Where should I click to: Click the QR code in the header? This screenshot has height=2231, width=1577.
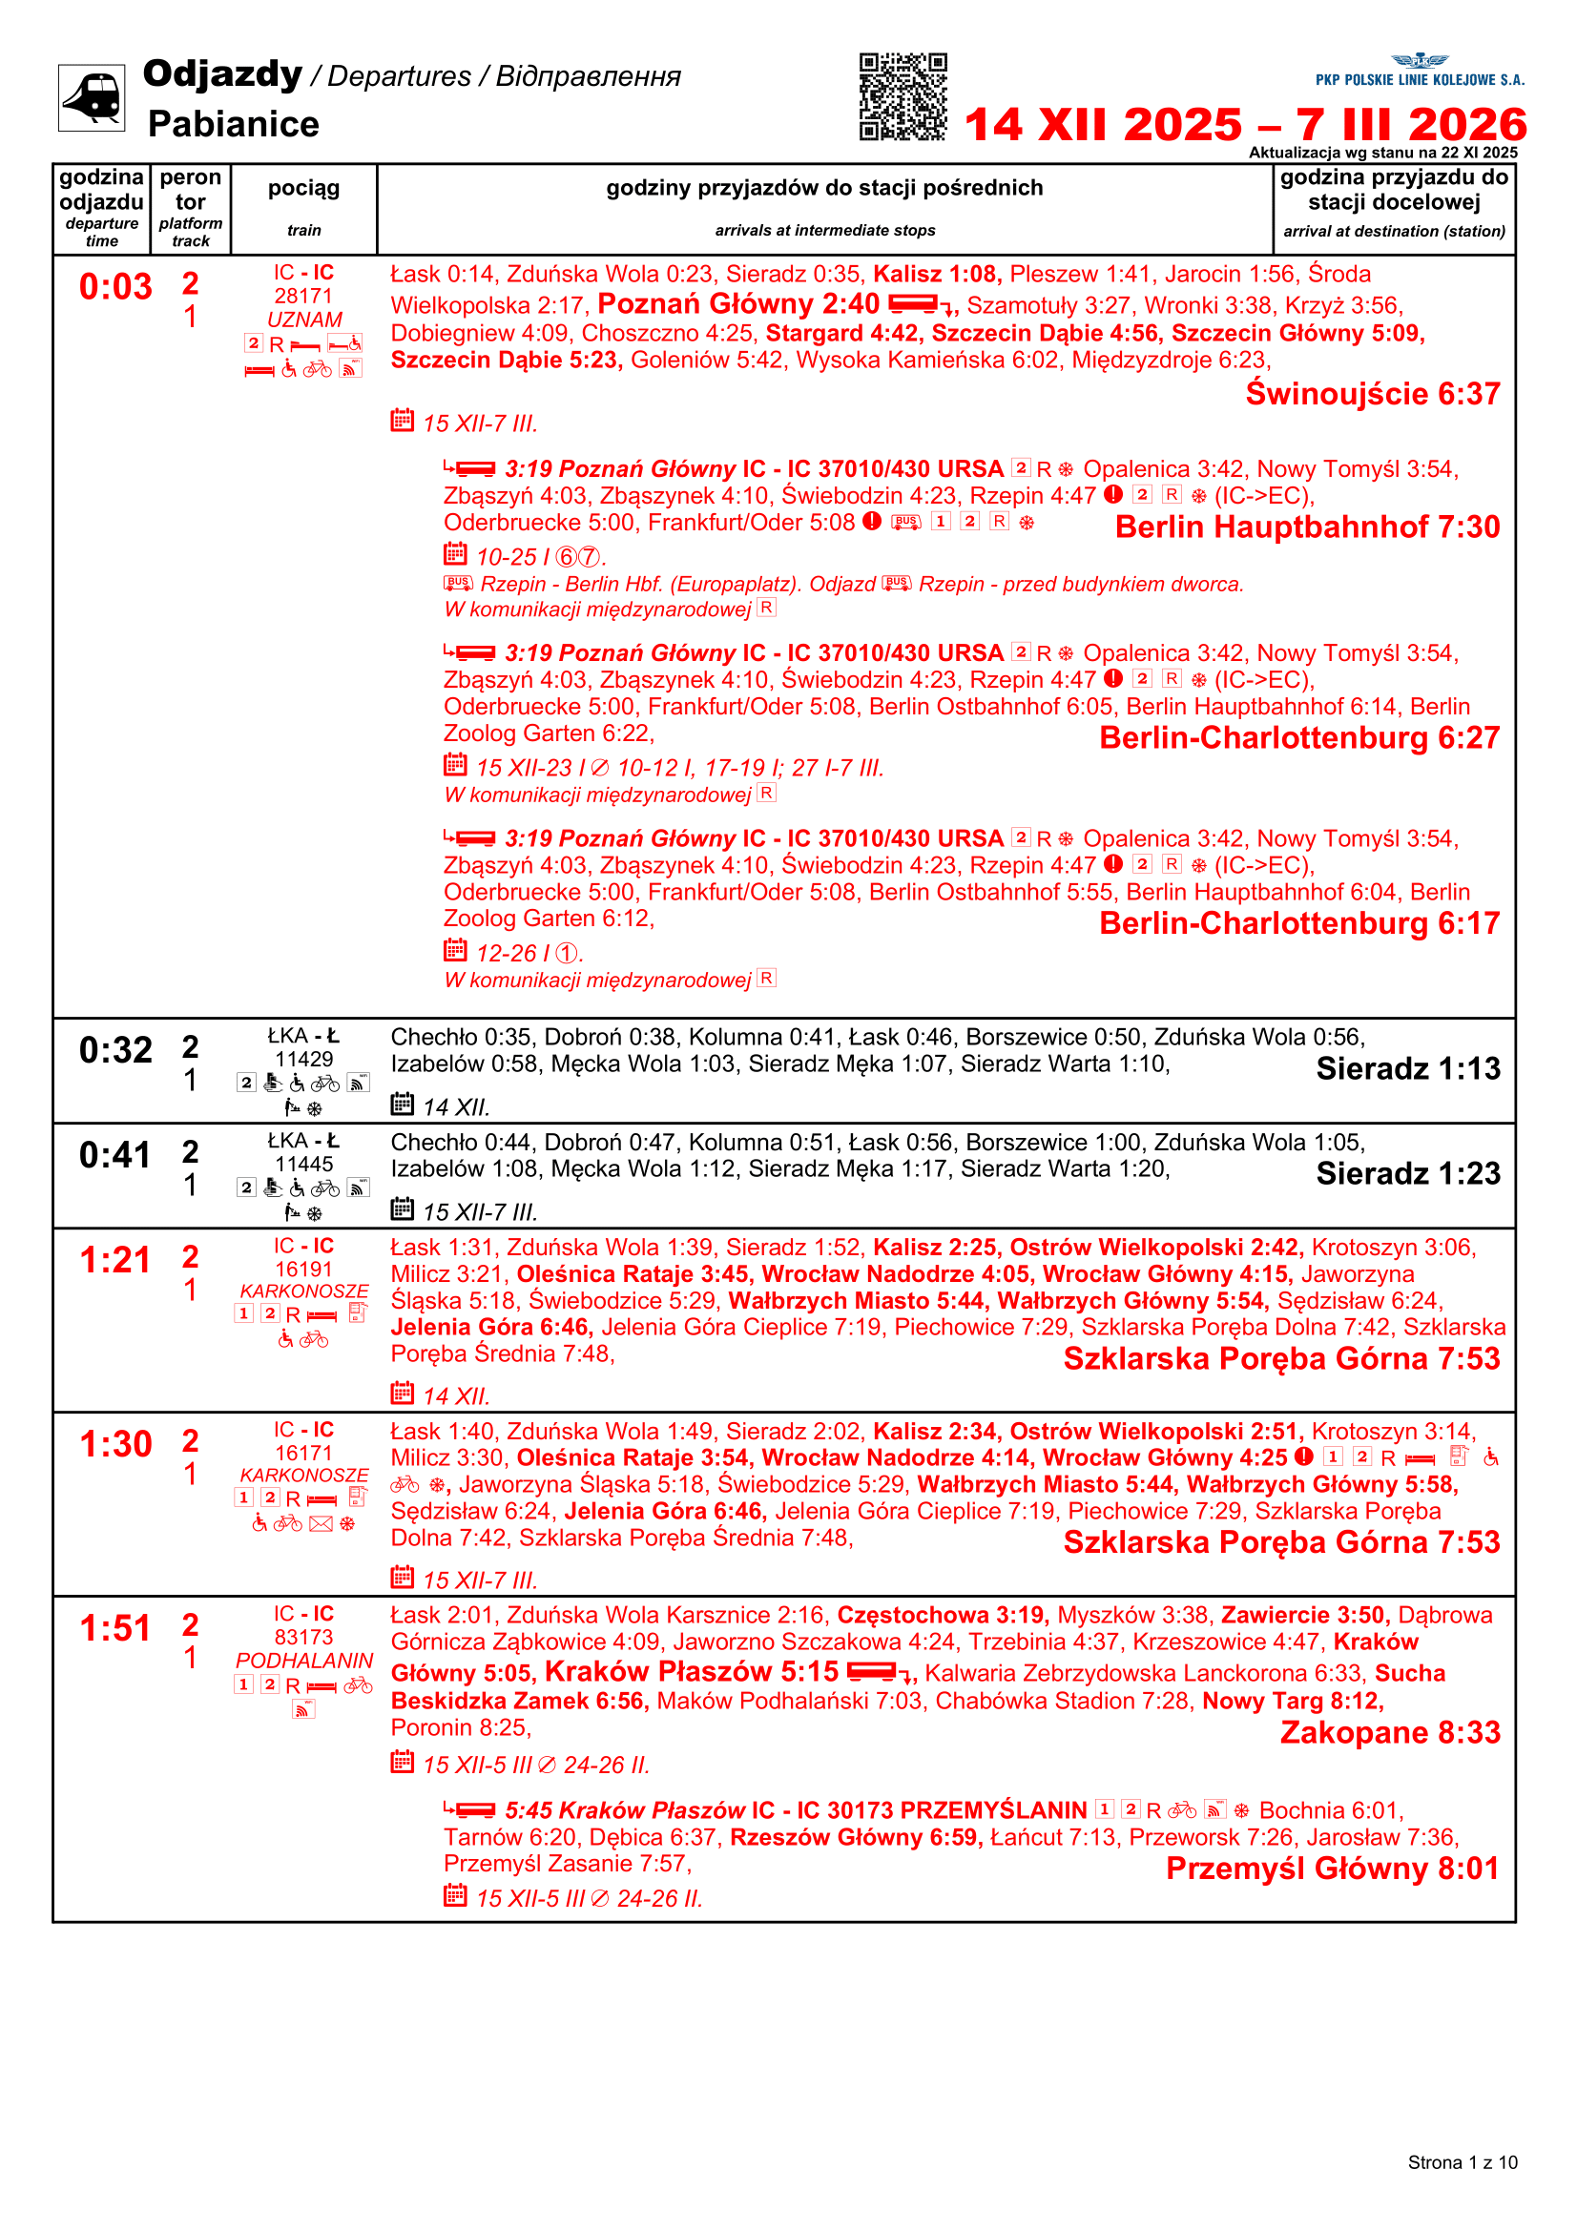click(902, 97)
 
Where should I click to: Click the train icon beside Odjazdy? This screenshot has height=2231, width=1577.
click(92, 97)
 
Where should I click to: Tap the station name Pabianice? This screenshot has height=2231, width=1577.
click(233, 124)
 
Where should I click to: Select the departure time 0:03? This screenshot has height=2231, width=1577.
click(115, 287)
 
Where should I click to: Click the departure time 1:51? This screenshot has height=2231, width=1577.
click(115, 1627)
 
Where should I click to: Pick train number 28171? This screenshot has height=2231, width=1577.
click(303, 296)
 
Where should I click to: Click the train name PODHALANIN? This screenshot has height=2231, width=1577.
click(303, 1661)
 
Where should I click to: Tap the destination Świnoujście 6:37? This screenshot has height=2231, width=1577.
click(1372, 394)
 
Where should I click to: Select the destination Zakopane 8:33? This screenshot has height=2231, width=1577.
click(1389, 1731)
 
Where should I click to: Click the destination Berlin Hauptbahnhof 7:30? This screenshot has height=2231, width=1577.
click(1307, 527)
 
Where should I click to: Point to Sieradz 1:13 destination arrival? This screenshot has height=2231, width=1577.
click(1408, 1068)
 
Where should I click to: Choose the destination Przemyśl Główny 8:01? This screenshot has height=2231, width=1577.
click(1332, 1868)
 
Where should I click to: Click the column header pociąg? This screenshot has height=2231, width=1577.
click(303, 188)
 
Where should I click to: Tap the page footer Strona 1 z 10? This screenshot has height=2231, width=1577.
click(1462, 2162)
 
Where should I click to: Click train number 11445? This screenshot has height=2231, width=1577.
click(303, 1163)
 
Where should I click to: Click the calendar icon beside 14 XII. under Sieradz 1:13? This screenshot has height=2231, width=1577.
click(402, 1104)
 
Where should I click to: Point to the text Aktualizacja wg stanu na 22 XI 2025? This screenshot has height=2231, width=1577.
click(1382, 153)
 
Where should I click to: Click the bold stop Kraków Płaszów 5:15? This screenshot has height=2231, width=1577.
click(691, 1671)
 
